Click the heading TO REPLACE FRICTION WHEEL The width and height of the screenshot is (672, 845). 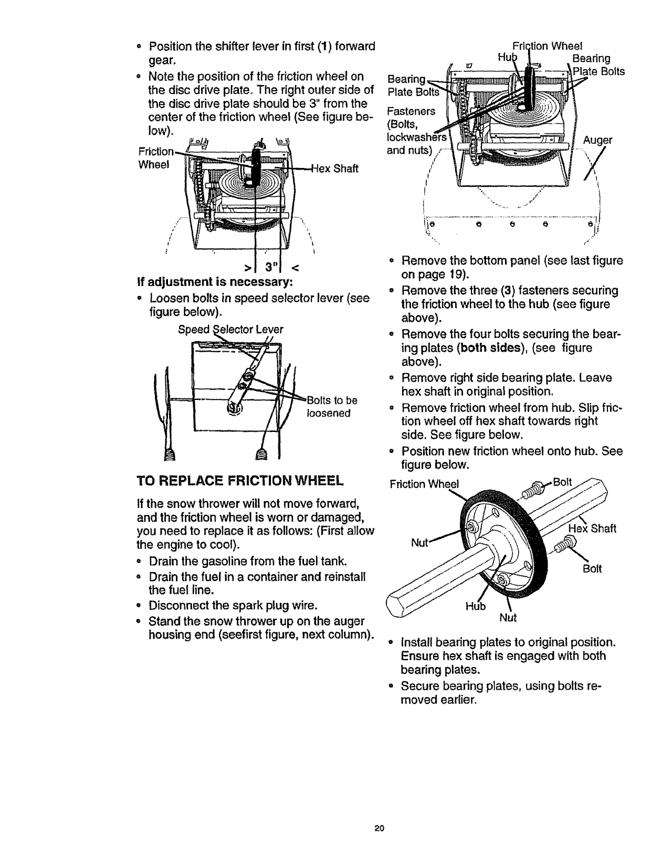pos(239,480)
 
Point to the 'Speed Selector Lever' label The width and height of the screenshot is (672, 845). pos(230,330)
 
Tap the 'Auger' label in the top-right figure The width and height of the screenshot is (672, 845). pos(600,140)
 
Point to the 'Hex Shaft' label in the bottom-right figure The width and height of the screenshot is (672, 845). pos(593,529)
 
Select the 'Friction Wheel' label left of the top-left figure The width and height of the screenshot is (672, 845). pos(154,157)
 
